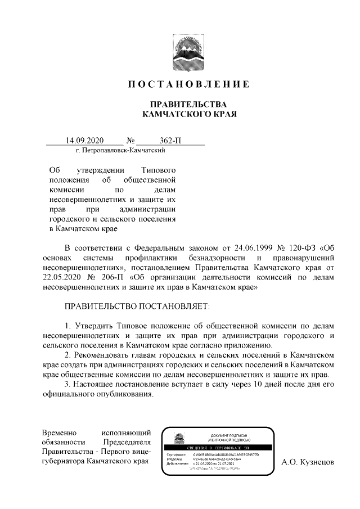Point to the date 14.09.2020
coord(85,140)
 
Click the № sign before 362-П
coord(132,140)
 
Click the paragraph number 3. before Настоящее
coord(68,384)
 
